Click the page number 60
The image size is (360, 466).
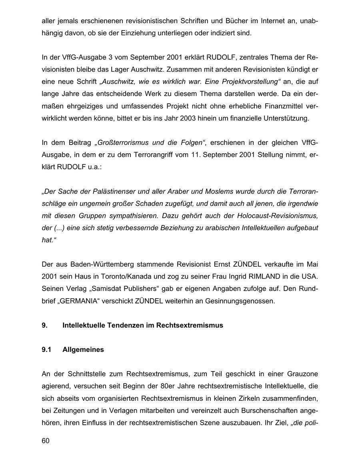pyautogui.click(x=45, y=441)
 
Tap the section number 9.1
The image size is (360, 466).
pyautogui.click(x=47, y=349)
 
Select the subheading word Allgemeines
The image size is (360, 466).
pyautogui.click(x=83, y=349)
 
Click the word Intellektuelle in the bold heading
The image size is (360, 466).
pyautogui.click(x=83, y=325)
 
